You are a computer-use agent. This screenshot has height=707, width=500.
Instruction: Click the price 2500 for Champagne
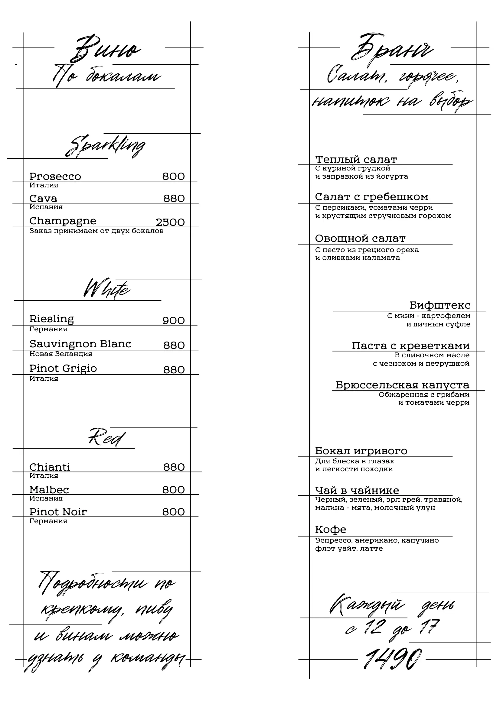tap(170, 222)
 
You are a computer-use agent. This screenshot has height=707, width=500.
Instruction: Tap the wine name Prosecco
tap(55, 177)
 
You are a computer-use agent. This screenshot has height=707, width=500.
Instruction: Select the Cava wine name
tap(43, 198)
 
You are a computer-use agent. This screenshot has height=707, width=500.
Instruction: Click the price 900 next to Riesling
tap(173, 320)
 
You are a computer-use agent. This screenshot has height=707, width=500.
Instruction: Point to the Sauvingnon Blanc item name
tap(80, 344)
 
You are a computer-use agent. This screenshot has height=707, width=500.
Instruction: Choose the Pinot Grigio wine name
tap(63, 368)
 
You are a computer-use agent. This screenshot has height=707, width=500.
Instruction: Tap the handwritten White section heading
tap(106, 289)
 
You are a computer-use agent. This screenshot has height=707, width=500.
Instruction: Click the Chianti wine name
tap(50, 467)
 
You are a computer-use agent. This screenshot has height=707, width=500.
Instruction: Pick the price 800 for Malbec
tap(173, 490)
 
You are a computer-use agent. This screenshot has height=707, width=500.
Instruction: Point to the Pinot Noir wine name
tap(58, 512)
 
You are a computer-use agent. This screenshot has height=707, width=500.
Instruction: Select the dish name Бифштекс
tap(440, 305)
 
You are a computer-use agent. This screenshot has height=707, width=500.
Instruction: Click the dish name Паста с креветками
tap(410, 345)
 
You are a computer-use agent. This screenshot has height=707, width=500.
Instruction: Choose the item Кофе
tap(330, 529)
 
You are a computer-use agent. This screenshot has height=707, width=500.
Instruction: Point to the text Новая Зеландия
tap(61, 354)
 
